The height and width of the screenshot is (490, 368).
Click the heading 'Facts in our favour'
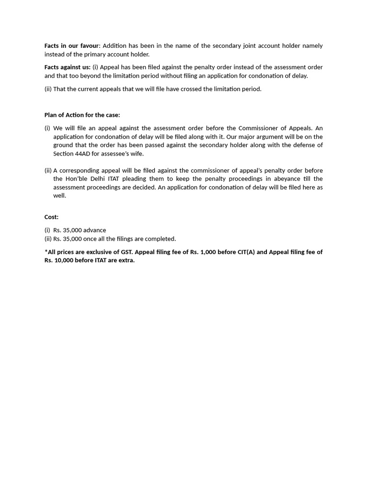(x=71, y=46)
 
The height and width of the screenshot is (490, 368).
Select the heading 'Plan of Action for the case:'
(x=82, y=115)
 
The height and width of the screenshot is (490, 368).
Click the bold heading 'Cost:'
(x=51, y=217)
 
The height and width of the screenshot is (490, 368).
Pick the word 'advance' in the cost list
(x=95, y=230)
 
